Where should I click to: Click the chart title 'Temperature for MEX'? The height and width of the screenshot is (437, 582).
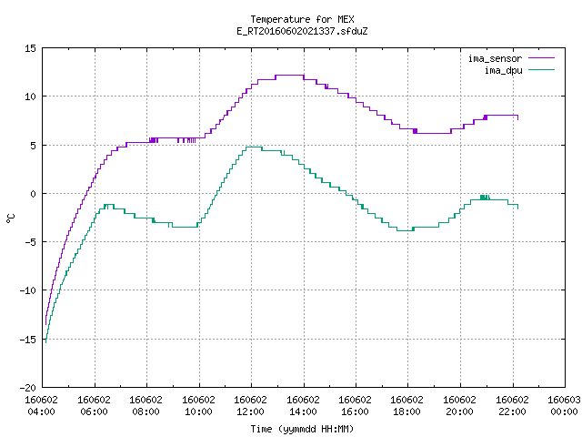[302, 19]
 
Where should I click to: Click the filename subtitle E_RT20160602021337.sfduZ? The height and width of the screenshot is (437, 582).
[302, 31]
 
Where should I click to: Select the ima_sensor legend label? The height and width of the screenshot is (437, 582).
[495, 58]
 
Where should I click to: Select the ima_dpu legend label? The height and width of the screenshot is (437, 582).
[503, 70]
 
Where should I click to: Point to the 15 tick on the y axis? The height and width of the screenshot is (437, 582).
[30, 48]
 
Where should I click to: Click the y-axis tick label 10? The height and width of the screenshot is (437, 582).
[30, 97]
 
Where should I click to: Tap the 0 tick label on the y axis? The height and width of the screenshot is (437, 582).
[34, 194]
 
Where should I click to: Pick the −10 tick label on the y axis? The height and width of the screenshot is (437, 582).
[28, 290]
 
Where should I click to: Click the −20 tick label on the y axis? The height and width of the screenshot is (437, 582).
[28, 388]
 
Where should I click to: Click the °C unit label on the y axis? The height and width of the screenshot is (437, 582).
[10, 218]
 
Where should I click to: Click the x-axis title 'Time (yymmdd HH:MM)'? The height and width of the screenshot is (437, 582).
[302, 429]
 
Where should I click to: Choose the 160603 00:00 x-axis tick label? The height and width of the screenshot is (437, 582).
[564, 406]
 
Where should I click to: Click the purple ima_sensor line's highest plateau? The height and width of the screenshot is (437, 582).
[289, 75]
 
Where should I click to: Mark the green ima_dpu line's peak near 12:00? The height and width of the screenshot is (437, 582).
[254, 147]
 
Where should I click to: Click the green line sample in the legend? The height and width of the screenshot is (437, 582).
[542, 70]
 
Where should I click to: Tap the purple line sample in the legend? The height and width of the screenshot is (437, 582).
[542, 58]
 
